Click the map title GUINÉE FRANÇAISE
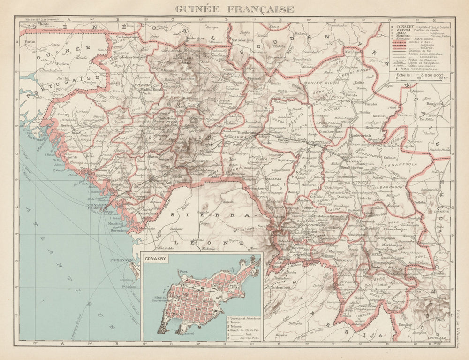(234, 9)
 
